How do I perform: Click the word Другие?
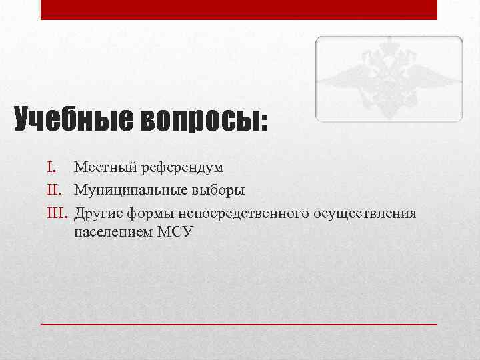click(x=97, y=213)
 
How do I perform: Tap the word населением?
click(x=111, y=233)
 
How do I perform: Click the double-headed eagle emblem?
click(x=389, y=79)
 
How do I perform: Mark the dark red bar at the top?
click(x=239, y=9)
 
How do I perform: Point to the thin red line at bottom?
click(x=239, y=323)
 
